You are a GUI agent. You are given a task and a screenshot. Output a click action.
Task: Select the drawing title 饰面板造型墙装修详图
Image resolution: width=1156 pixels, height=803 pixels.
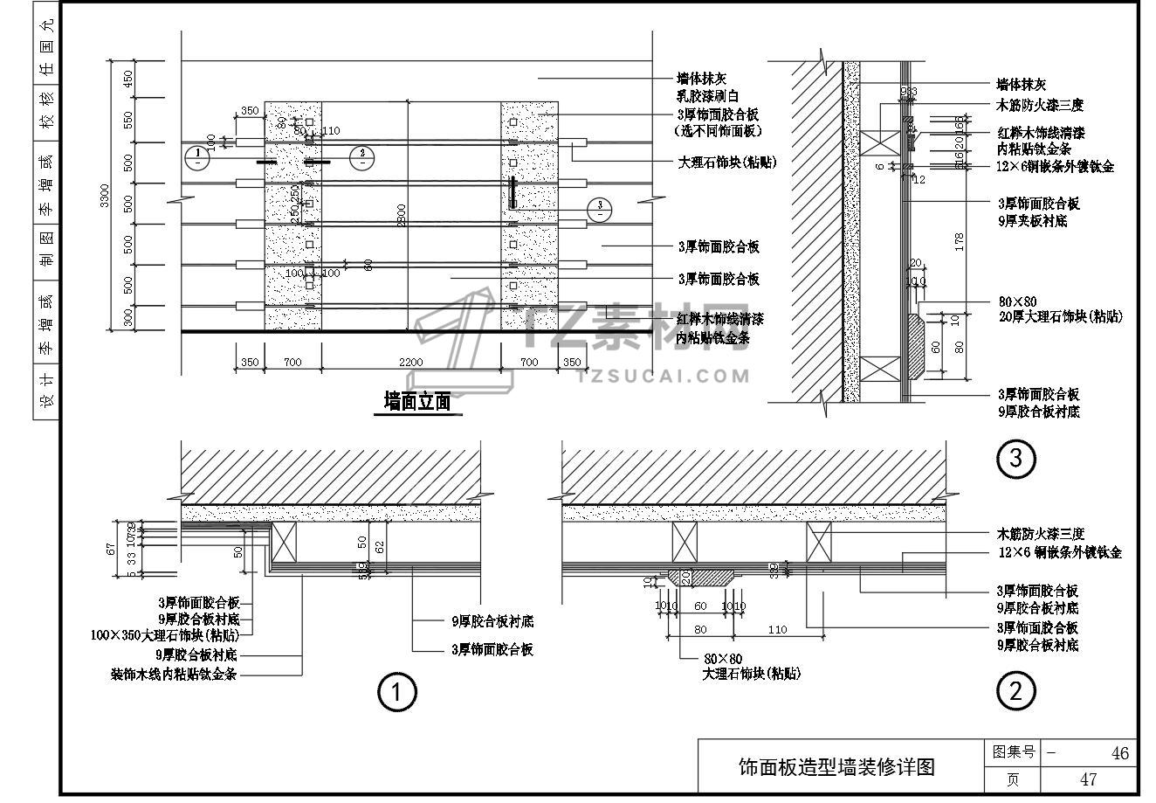click(836, 767)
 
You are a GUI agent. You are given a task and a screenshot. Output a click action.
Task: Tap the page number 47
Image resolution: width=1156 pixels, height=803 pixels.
click(1087, 779)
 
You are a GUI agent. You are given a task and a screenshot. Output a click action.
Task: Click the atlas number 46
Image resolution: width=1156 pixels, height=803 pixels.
click(1119, 753)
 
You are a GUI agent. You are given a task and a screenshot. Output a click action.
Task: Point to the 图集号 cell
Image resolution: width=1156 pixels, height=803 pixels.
click(1011, 752)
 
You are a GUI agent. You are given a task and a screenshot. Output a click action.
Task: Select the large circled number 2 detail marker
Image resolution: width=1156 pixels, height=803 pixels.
click(1015, 692)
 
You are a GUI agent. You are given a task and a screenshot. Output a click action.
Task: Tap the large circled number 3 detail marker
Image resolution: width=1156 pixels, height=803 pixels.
click(1015, 458)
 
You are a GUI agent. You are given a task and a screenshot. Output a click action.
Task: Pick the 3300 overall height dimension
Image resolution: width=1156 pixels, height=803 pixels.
click(105, 196)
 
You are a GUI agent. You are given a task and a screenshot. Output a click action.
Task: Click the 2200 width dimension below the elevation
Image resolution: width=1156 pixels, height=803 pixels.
click(410, 362)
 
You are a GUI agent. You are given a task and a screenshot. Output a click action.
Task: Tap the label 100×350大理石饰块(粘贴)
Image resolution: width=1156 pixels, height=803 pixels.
click(164, 636)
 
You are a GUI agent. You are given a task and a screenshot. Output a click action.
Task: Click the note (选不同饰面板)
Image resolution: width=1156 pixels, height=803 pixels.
click(719, 131)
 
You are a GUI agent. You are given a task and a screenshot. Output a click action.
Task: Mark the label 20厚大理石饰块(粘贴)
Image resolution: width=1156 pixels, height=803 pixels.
click(1061, 316)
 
